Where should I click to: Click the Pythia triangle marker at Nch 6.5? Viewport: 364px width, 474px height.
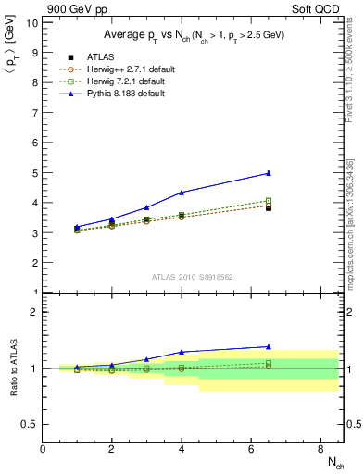tap(269, 173)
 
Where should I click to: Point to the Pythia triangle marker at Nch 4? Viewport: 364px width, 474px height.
tap(182, 193)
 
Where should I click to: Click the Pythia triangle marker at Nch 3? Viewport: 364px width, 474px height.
tap(146, 207)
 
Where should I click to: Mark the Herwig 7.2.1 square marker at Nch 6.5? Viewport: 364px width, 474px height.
tap(269, 201)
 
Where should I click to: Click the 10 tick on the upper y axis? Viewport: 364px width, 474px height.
tap(32, 22)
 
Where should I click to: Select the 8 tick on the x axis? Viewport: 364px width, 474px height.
tap(320, 449)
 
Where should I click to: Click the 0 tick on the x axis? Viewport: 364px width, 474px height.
tap(43, 449)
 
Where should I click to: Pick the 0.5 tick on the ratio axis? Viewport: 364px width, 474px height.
tap(31, 424)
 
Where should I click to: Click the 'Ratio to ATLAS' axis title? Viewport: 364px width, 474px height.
tap(11, 368)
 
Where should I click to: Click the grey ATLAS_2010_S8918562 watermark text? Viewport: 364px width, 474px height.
tap(193, 276)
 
